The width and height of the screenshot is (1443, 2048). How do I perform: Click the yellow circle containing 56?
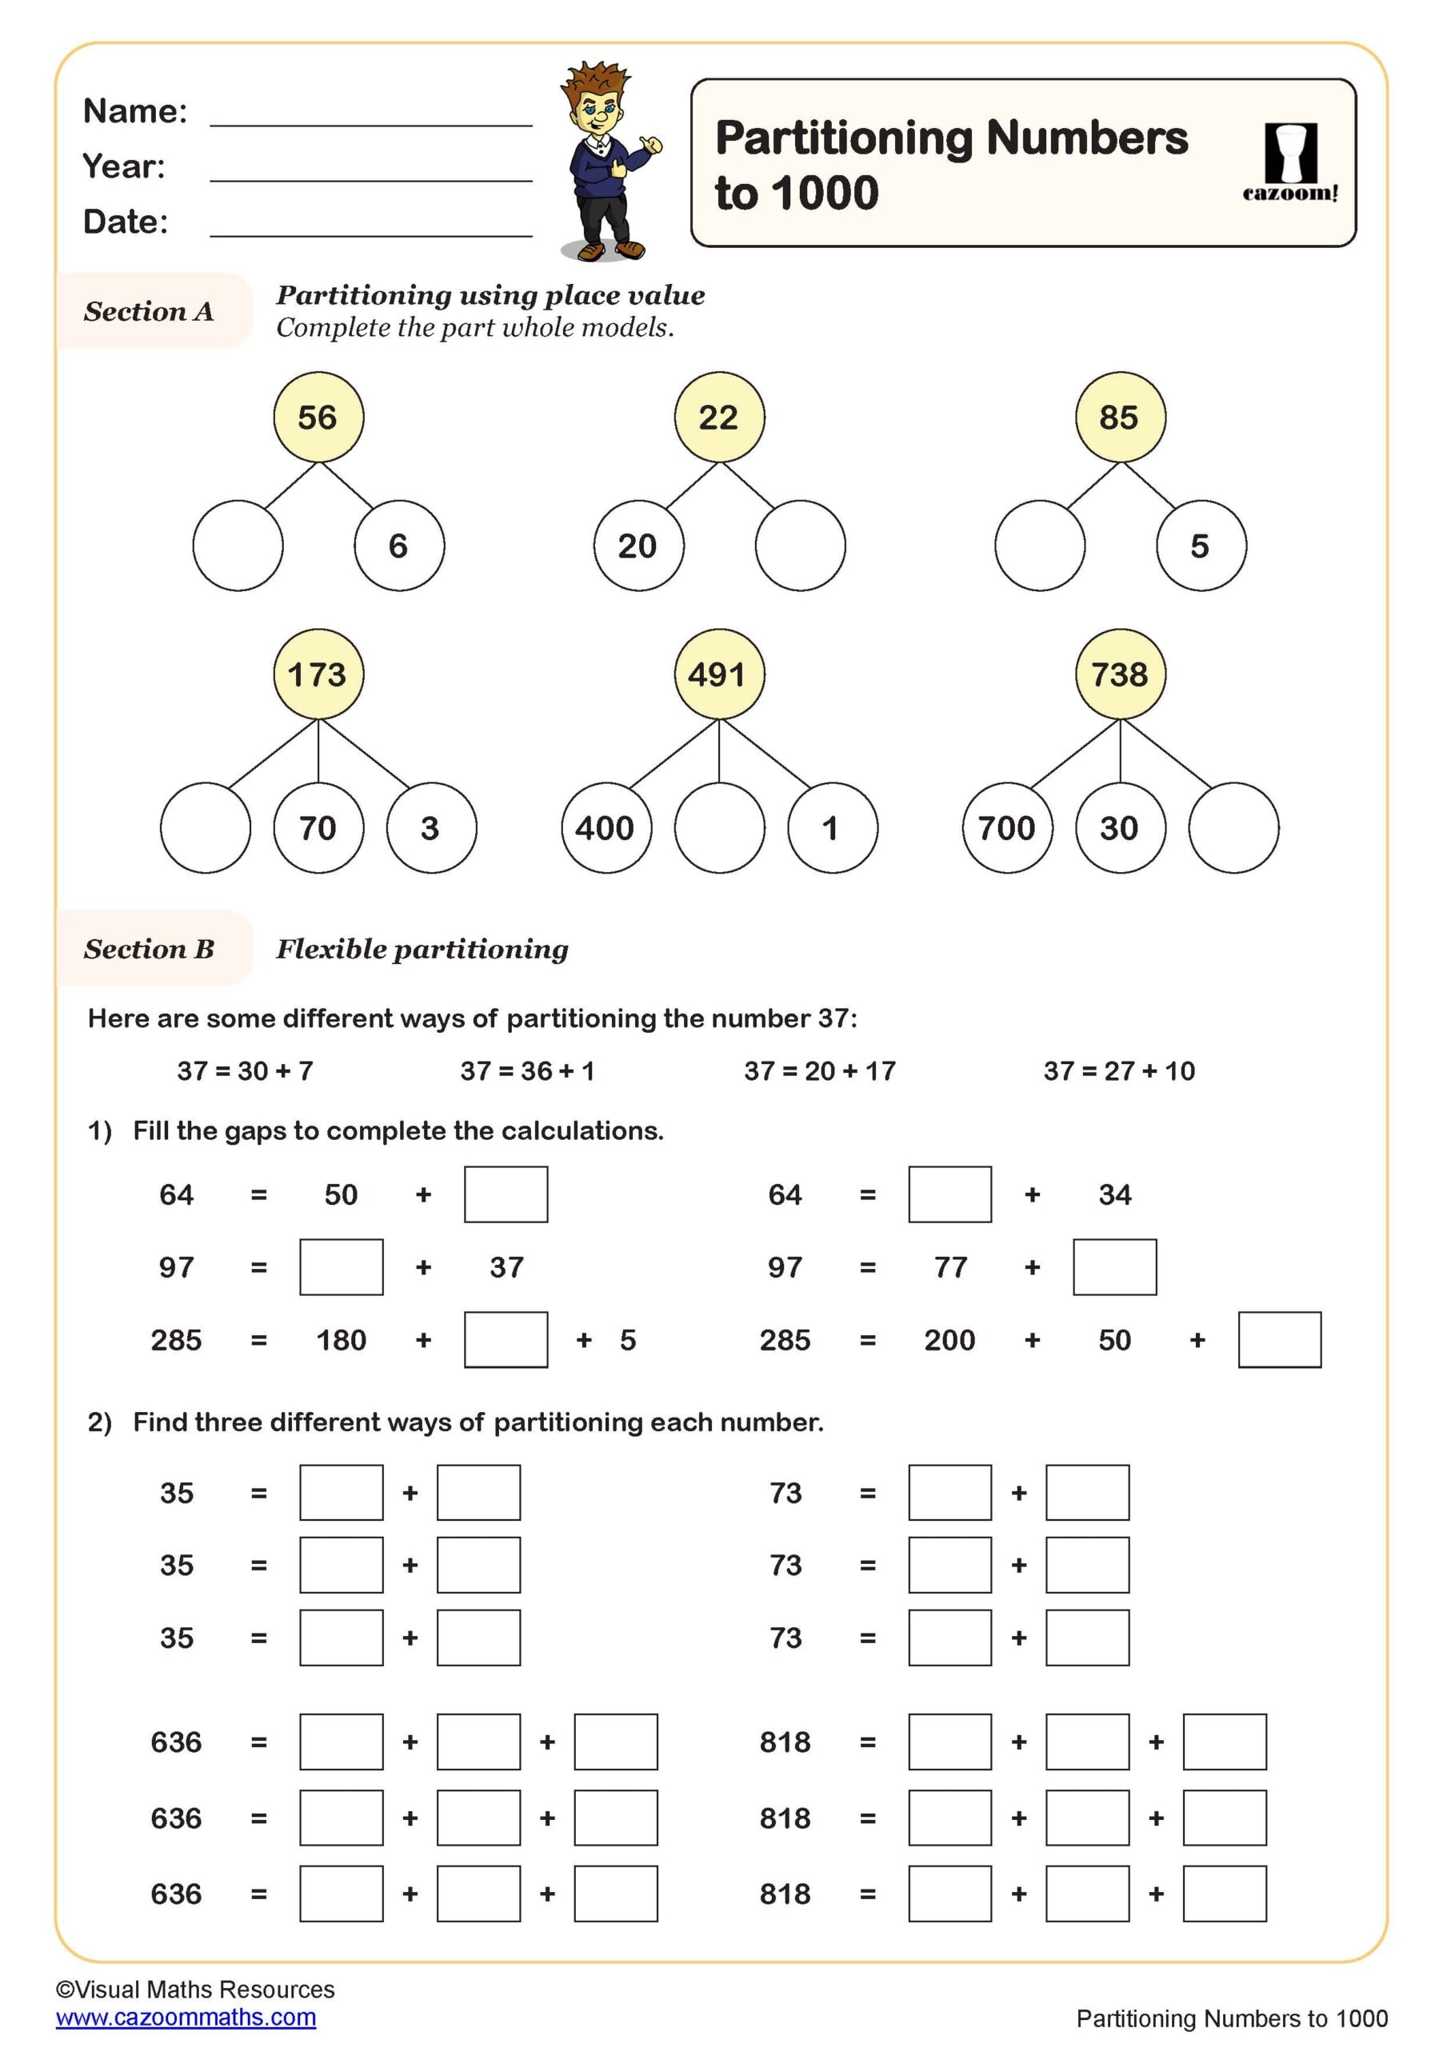click(x=318, y=417)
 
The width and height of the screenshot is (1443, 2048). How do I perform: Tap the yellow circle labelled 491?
click(x=719, y=674)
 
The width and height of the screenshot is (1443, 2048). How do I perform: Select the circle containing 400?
click(x=606, y=827)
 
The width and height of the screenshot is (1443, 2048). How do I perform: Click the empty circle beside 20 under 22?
click(x=800, y=545)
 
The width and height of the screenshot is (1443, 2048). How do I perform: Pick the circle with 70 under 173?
click(x=318, y=827)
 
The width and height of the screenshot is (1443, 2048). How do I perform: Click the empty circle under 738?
click(x=1233, y=827)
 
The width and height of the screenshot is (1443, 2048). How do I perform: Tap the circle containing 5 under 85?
click(x=1201, y=545)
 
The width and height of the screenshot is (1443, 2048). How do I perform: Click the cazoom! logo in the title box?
click(x=1289, y=163)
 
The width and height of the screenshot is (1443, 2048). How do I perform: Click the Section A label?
click(x=149, y=310)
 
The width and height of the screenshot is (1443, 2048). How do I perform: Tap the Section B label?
click(x=149, y=948)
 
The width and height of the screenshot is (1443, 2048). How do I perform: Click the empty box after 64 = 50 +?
click(x=506, y=1194)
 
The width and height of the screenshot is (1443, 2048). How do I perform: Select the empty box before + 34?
click(x=949, y=1194)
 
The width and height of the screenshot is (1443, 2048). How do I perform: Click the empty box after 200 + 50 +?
click(x=1279, y=1339)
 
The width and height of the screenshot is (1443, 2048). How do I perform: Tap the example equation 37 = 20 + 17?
click(x=820, y=1070)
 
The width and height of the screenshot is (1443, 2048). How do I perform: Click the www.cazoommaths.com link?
click(x=186, y=2017)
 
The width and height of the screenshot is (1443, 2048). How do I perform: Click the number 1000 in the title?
click(x=825, y=193)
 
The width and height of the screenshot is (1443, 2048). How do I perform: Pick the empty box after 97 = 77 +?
click(x=1114, y=1266)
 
